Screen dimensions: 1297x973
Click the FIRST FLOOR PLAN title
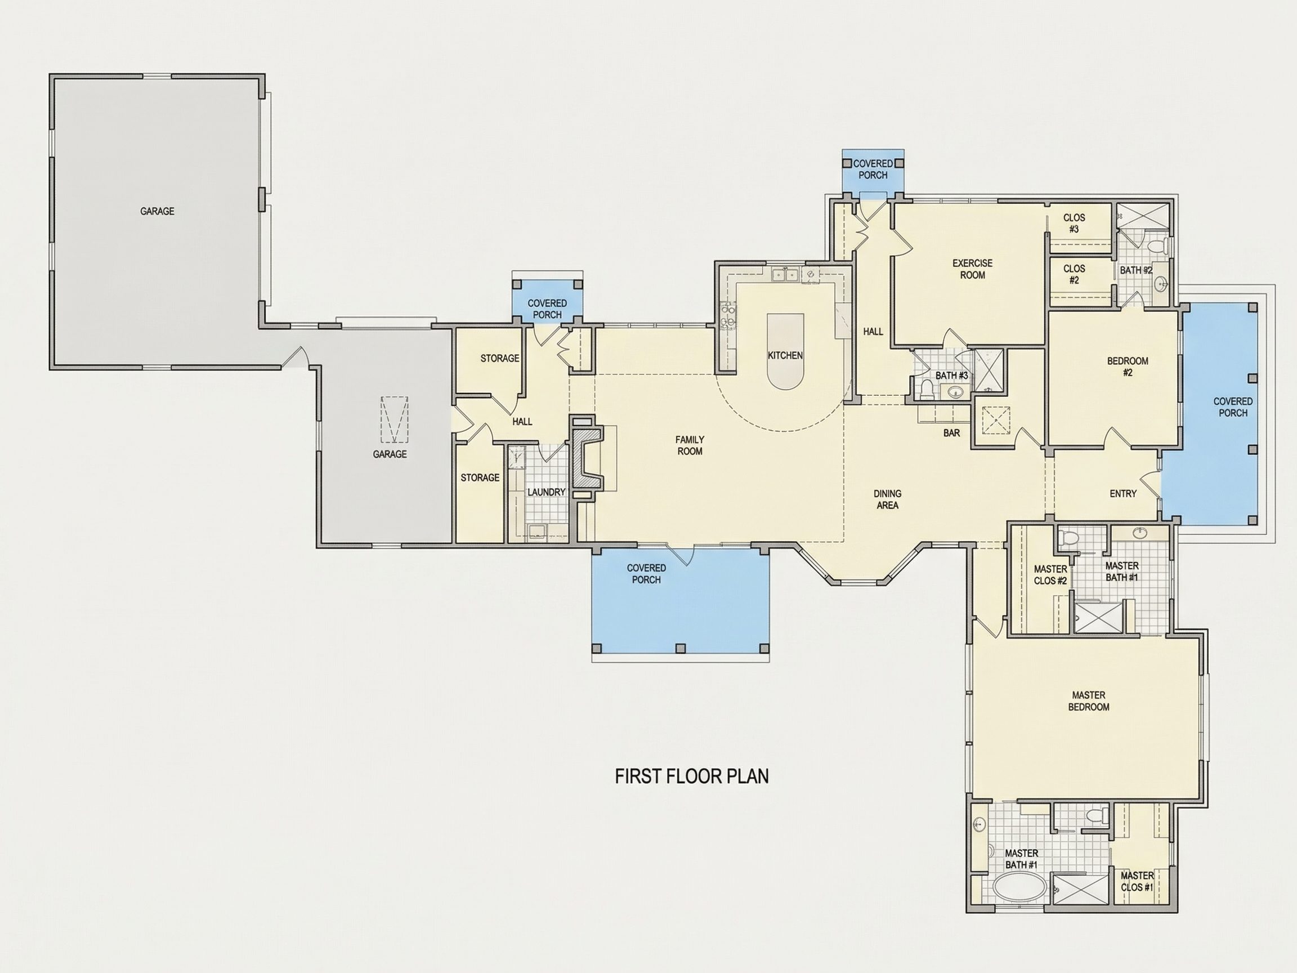tap(691, 776)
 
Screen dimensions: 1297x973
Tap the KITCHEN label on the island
tap(785, 355)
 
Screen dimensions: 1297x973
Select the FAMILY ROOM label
tap(690, 445)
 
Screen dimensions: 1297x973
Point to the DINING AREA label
tap(887, 499)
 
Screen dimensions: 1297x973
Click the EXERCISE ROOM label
tap(972, 269)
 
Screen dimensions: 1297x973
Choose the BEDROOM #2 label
tap(1128, 367)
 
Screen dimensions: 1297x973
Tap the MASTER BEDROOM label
tap(1088, 701)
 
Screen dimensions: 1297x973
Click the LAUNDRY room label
tap(546, 492)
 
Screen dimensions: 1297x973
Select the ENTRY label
tap(1123, 494)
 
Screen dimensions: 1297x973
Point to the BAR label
tap(952, 433)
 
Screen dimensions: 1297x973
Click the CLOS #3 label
tap(1074, 224)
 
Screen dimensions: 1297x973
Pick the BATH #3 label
tap(952, 376)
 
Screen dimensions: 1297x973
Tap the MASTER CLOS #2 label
tap(1050, 575)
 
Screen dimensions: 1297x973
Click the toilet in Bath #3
tap(927, 390)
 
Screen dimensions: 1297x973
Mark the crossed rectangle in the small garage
tap(394, 419)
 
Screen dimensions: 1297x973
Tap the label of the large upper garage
tap(157, 211)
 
